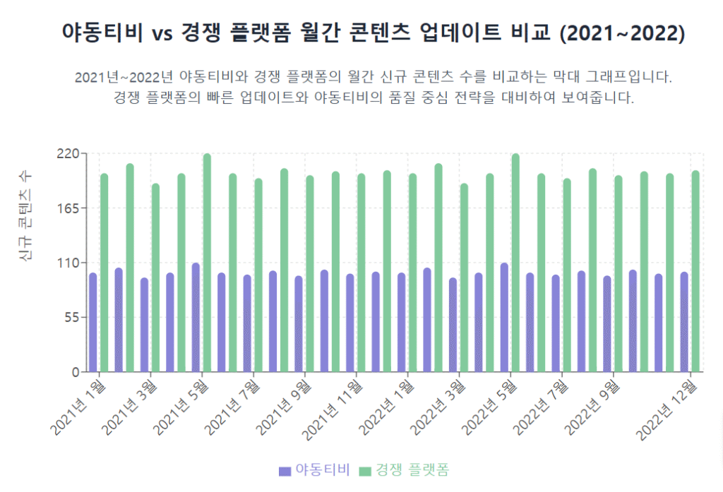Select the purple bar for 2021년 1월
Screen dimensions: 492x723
click(x=93, y=322)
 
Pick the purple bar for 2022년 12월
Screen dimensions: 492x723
click(x=684, y=322)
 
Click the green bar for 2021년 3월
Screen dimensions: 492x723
click(x=155, y=277)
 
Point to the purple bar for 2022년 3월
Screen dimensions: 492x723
click(x=453, y=325)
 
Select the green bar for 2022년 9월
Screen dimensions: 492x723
click(x=618, y=274)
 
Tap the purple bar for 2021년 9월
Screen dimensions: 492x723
click(x=299, y=324)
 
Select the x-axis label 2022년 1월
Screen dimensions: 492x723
click(x=383, y=407)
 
